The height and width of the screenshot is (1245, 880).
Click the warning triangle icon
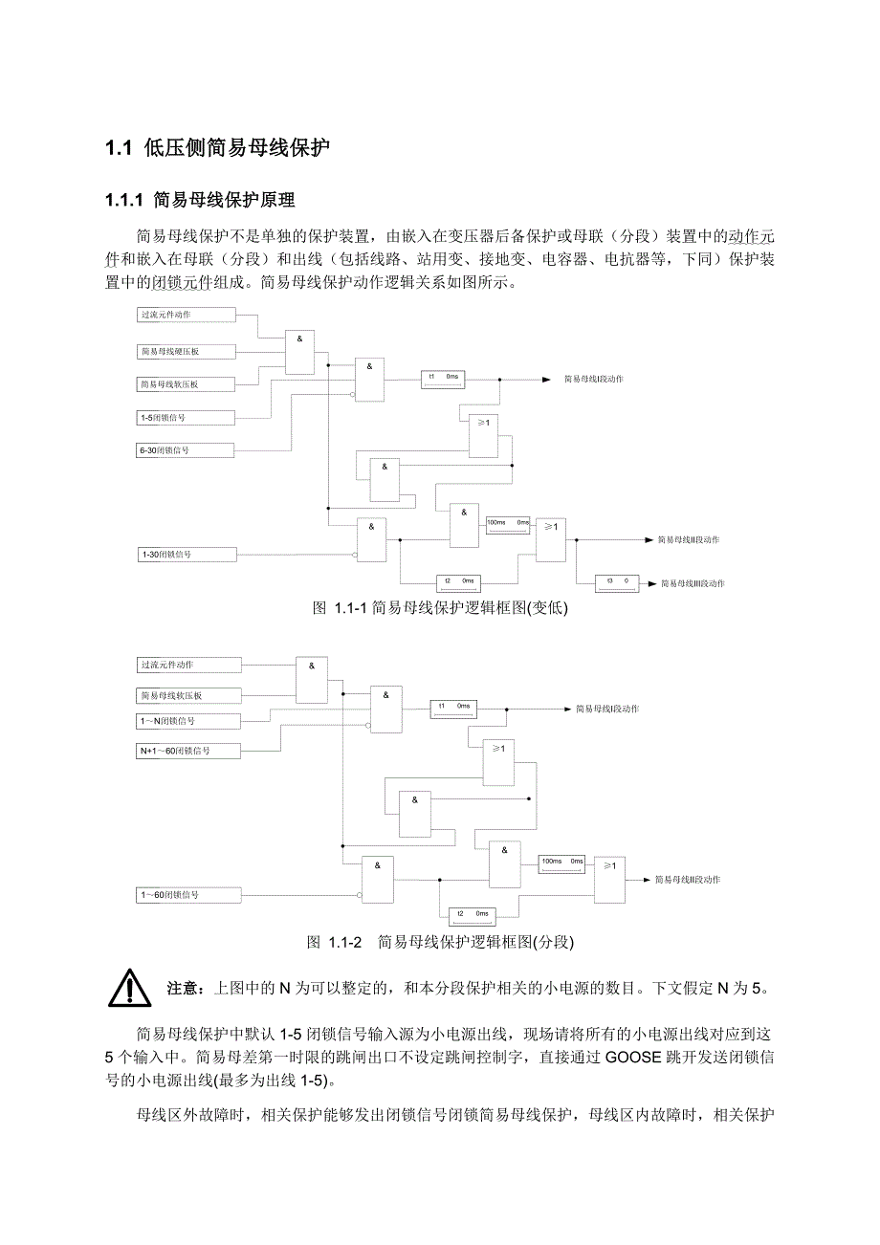129,988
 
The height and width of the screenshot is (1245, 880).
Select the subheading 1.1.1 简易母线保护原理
200,200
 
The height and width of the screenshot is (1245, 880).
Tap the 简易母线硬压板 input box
186,352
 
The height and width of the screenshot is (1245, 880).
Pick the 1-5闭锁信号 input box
186,417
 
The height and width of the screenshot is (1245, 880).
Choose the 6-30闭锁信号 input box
186,449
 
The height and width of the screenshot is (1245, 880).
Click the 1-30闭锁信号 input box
186,554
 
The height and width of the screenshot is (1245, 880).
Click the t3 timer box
616,581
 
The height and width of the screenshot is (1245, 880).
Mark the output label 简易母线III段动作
691,582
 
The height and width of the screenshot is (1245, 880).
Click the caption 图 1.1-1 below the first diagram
441,607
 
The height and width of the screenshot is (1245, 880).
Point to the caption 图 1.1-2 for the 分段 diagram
440,942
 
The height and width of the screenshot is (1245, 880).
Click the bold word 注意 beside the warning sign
183,987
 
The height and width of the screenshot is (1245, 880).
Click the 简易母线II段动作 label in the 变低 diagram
689,539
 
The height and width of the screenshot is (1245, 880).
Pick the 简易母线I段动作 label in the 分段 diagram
606,709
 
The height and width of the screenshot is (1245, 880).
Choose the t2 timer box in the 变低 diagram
458,581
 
